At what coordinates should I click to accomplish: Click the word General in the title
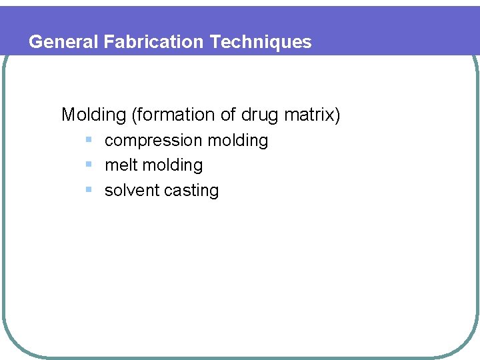coord(64,42)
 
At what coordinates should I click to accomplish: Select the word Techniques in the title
coord(261,42)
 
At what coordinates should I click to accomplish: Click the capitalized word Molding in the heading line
coord(93,115)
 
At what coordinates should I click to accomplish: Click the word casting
coord(191,191)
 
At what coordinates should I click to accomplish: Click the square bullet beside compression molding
coord(89,140)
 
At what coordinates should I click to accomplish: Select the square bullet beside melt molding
coord(89,165)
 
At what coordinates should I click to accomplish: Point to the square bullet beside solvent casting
coord(89,189)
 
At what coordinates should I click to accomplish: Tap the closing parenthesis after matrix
coord(337,115)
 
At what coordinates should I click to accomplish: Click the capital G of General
coord(36,42)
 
